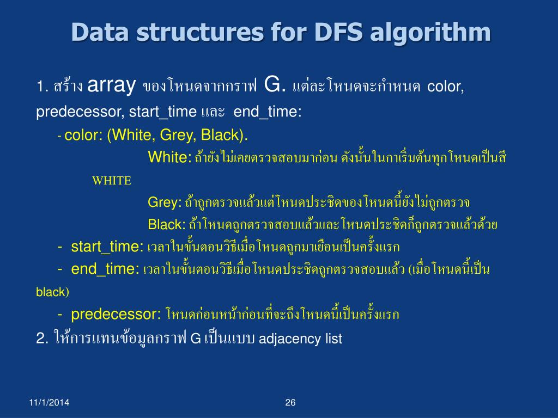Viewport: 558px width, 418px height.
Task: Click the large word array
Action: click(x=111, y=85)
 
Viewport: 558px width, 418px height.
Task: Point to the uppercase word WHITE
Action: click(x=112, y=181)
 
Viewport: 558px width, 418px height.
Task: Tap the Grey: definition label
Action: click(x=165, y=202)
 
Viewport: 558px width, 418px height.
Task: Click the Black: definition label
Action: click(x=167, y=224)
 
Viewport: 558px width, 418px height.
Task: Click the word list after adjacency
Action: click(x=333, y=339)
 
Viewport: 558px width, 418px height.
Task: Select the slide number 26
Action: click(x=290, y=403)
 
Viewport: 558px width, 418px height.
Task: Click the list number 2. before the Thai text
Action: click(x=43, y=339)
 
